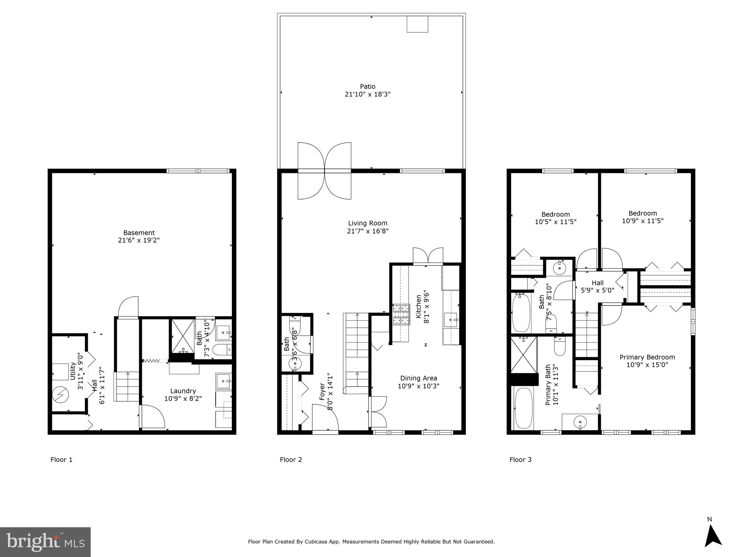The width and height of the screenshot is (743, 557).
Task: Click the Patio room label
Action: point(367,86)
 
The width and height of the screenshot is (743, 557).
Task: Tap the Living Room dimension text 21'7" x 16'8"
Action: point(368,231)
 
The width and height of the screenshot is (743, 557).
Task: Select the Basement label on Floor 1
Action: point(139,233)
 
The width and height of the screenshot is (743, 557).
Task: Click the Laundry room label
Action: point(183,391)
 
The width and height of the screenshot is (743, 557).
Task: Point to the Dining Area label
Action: point(418,378)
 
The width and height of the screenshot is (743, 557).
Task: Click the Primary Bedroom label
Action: point(647,357)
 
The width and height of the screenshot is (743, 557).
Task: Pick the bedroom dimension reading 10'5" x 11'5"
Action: point(555,222)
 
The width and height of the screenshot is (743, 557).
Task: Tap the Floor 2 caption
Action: point(291,460)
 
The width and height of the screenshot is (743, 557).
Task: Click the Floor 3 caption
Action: point(520,460)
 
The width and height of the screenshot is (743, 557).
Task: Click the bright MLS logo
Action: point(45,542)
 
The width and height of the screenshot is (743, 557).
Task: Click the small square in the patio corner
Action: point(417,24)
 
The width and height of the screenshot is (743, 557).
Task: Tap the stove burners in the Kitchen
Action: point(401,314)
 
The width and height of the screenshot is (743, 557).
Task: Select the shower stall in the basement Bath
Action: point(183,336)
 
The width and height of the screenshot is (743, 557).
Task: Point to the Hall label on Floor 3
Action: point(598,283)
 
